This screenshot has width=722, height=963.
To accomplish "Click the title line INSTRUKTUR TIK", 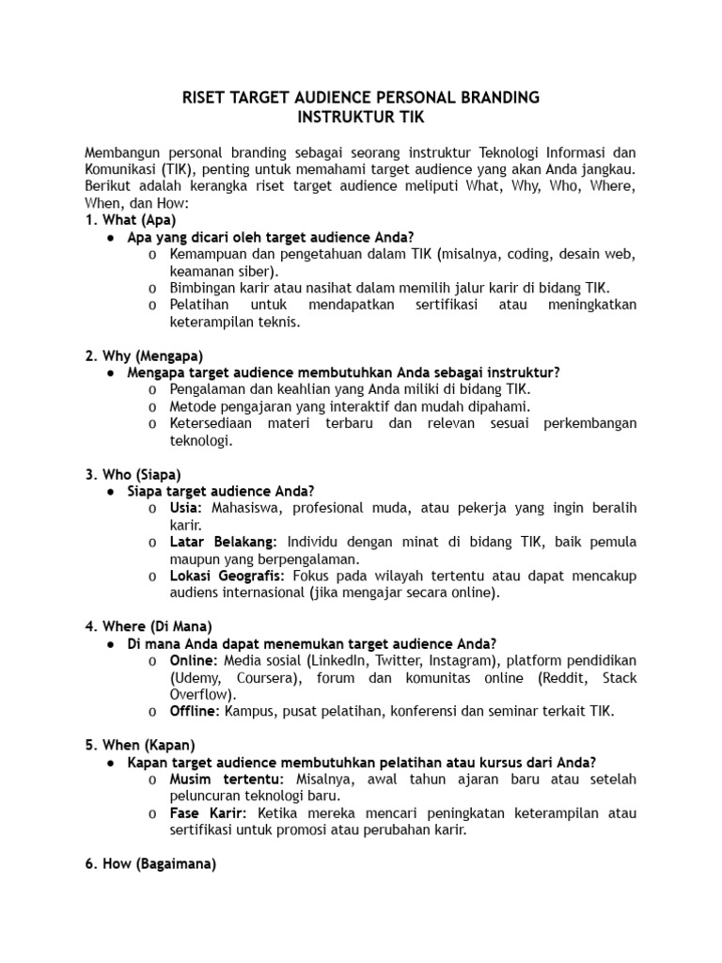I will pyautogui.click(x=360, y=118).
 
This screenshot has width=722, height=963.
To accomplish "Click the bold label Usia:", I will pyautogui.click(x=186, y=508).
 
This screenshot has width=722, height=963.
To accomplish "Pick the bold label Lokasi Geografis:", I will pyautogui.click(x=229, y=576).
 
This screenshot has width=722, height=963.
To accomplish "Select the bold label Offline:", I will pyautogui.click(x=195, y=711).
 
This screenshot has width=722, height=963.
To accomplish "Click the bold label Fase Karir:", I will pyautogui.click(x=209, y=813).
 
